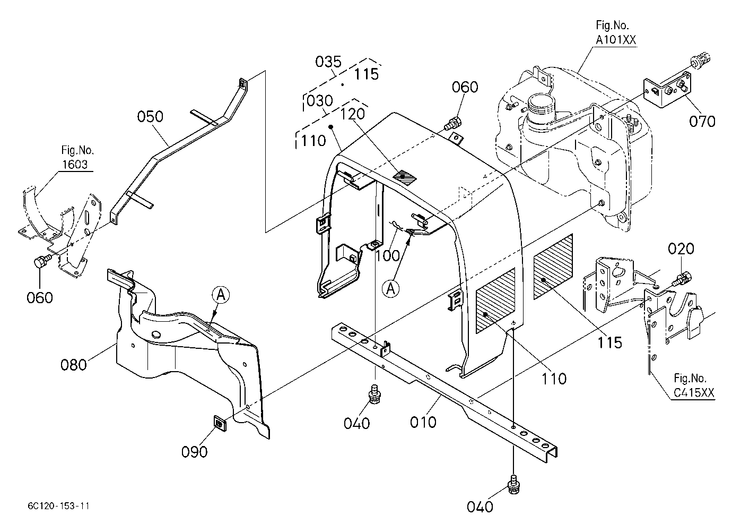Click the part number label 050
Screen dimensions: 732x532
(150, 116)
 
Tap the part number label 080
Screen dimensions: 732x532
(74, 365)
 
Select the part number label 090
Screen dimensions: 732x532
(195, 452)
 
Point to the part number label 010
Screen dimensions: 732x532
(423, 423)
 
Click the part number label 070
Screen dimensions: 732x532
(702, 122)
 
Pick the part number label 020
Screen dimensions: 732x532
(681, 249)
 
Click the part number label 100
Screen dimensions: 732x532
(388, 255)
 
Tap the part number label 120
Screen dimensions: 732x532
(353, 114)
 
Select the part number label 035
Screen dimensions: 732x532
(328, 62)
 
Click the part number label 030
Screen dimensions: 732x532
(320, 101)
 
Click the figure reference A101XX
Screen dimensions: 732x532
(616, 40)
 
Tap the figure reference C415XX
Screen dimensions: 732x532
(694, 392)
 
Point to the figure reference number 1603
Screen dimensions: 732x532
(75, 164)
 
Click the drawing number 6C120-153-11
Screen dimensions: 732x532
(58, 506)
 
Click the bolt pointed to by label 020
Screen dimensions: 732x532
(682, 278)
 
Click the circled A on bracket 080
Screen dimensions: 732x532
(221, 295)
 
